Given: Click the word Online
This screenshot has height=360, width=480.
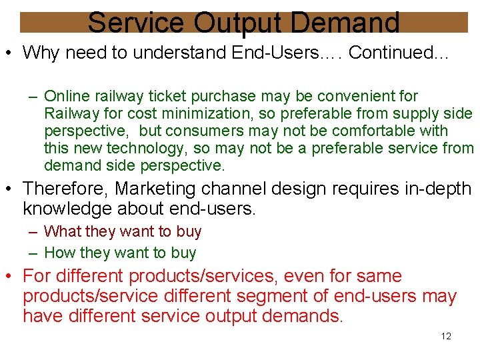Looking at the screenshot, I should (65, 97).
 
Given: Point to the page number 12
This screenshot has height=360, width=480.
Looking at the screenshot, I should (446, 336).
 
